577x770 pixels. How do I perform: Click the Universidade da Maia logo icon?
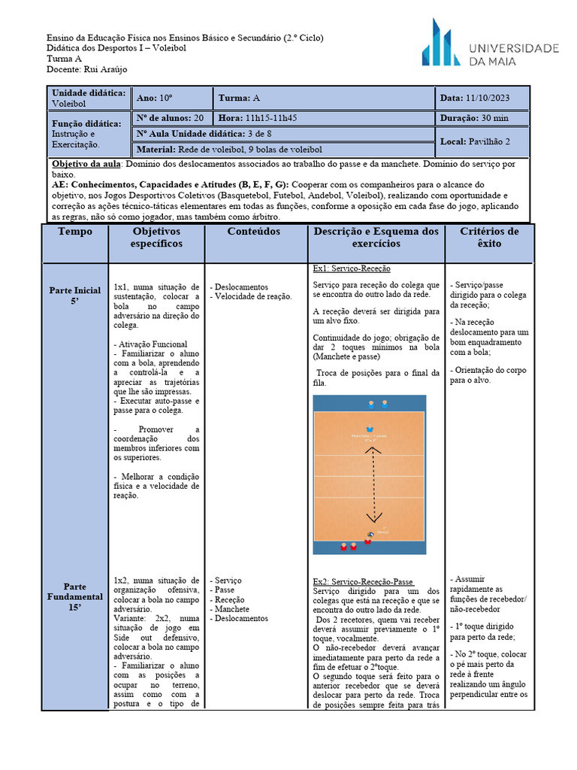440,44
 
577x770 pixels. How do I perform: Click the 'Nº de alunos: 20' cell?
170,118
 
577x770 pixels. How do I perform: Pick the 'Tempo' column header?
75,232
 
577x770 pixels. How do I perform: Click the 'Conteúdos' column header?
255,232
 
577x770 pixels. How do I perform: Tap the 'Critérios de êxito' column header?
489,238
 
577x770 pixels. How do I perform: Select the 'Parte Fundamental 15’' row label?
75,597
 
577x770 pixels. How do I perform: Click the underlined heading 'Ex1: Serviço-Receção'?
352,269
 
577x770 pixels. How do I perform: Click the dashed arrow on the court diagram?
370,481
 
